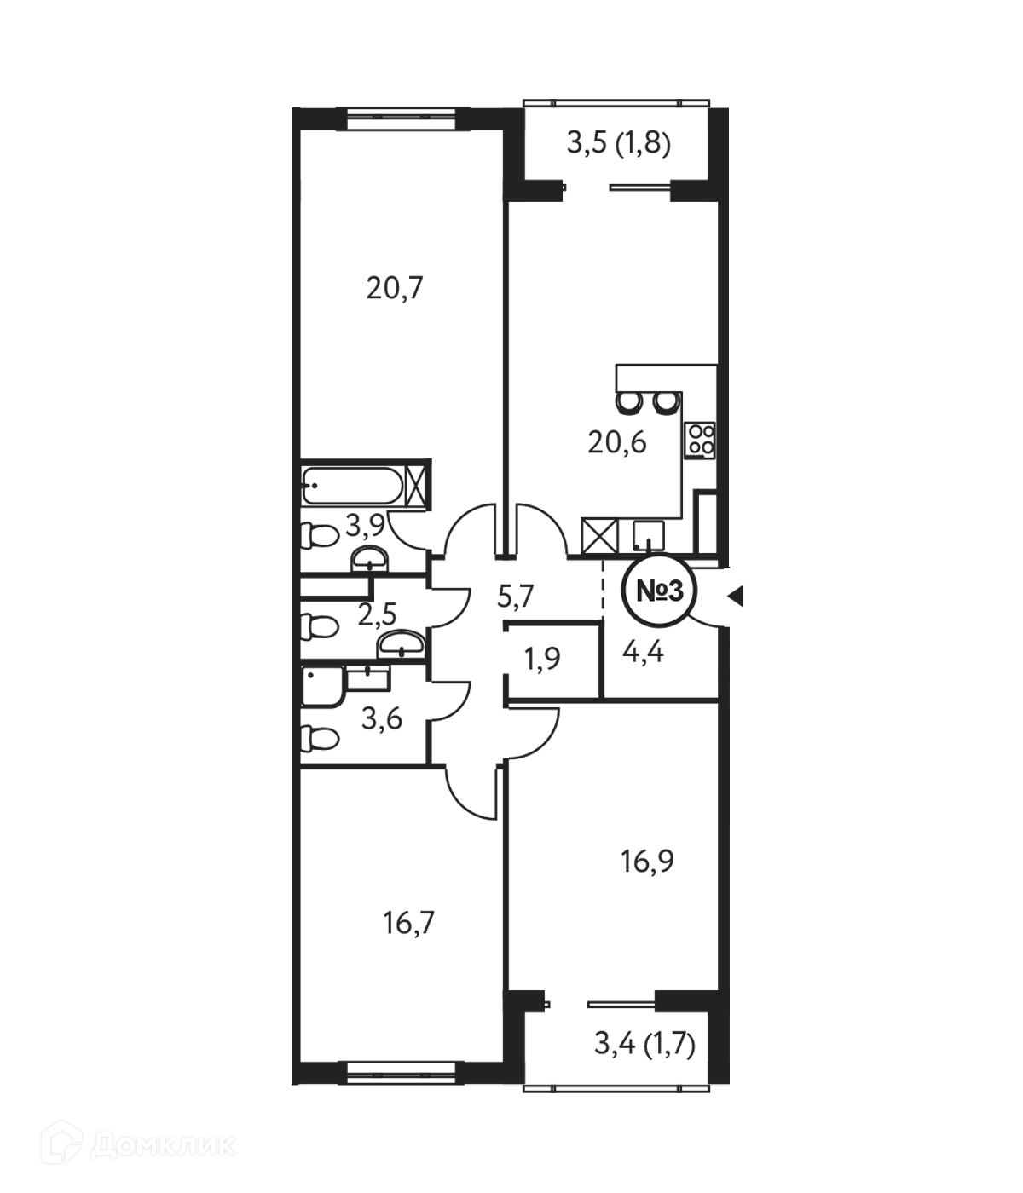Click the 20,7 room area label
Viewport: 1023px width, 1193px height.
click(395, 288)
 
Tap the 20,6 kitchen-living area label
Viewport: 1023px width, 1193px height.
click(617, 442)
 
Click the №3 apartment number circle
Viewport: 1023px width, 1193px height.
click(659, 591)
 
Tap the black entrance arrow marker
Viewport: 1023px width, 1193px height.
click(736, 596)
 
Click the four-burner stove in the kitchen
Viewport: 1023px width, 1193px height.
click(701, 440)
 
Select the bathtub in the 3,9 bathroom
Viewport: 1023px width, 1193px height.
click(352, 486)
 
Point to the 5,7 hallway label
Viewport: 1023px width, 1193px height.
click(516, 596)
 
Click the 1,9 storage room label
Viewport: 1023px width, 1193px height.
click(542, 659)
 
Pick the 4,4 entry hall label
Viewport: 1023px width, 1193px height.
click(643, 653)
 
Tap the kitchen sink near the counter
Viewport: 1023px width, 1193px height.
click(648, 535)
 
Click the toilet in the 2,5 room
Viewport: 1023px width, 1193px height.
click(319, 625)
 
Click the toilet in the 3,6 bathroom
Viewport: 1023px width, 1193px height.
click(319, 738)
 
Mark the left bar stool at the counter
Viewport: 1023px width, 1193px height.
click(628, 402)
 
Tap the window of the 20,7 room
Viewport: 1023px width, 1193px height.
click(402, 119)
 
